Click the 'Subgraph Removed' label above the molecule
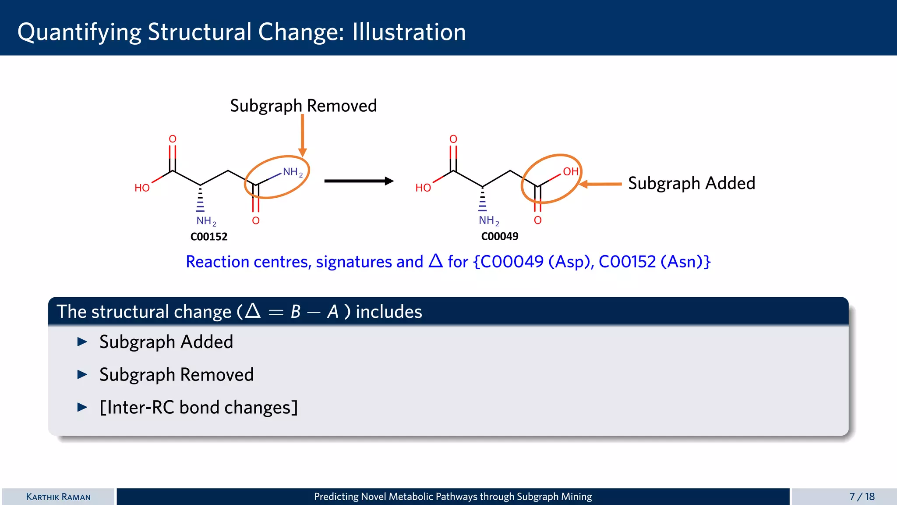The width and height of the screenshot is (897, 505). point(303,106)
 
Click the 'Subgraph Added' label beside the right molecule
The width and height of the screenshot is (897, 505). point(691,183)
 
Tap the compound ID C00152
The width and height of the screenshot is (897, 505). point(209,237)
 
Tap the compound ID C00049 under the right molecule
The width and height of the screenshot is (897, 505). point(499,237)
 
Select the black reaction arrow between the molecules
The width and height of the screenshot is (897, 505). point(358,181)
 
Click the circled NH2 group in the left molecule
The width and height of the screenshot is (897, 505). point(292,172)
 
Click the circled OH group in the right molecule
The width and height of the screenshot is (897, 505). point(570,171)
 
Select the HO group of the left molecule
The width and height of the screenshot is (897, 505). point(142,188)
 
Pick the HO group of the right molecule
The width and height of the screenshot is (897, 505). point(423,188)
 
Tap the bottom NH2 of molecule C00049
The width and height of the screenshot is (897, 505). point(488,220)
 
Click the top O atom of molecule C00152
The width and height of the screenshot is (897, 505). point(173,139)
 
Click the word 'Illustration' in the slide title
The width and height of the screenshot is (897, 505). point(409,32)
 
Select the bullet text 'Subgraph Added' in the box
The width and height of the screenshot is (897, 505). point(166,342)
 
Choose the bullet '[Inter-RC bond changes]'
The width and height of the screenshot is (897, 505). point(198,407)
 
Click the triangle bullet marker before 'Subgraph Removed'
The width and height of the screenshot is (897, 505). point(82,374)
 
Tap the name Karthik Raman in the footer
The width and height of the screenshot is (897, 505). point(58,497)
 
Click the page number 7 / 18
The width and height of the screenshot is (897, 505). point(862,497)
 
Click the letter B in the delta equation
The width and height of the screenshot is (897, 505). point(296,312)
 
